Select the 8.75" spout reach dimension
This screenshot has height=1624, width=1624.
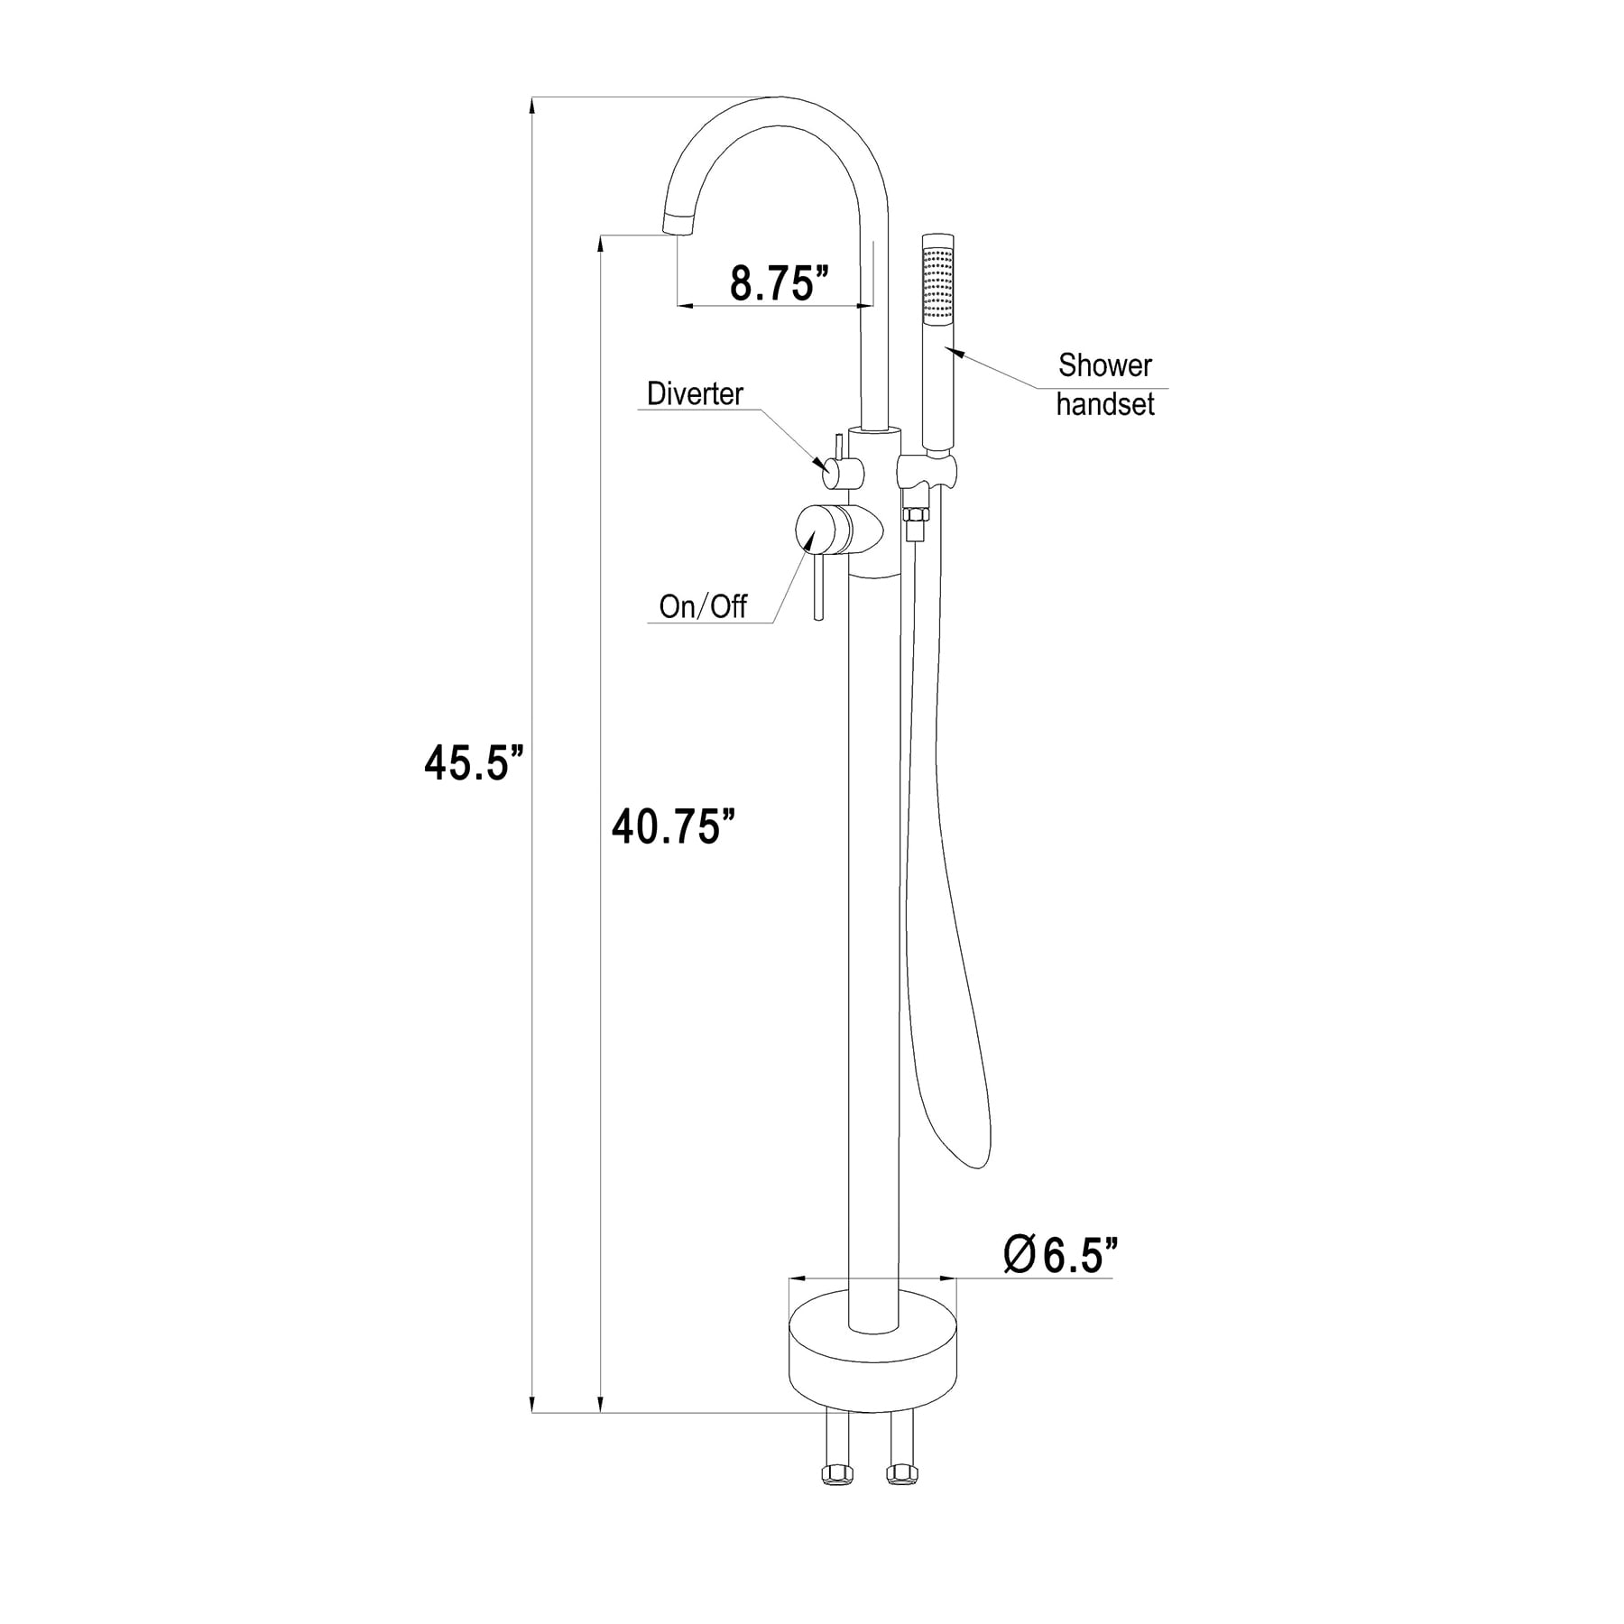[x=780, y=283]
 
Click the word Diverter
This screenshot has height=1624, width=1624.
[x=695, y=393]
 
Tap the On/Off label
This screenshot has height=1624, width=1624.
[x=703, y=606]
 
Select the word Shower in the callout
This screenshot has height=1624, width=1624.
[x=1105, y=365]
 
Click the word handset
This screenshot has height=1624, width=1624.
[x=1105, y=404]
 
